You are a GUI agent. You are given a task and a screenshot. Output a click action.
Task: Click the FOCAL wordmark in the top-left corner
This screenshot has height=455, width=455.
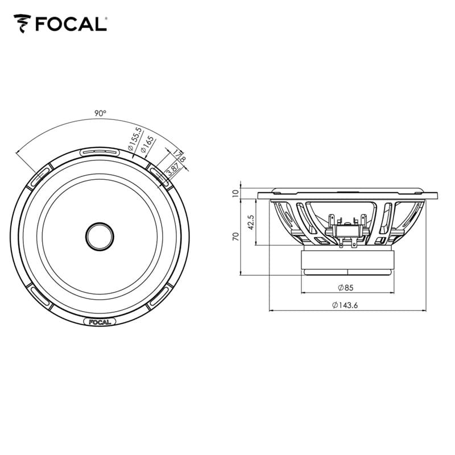click(x=70, y=24)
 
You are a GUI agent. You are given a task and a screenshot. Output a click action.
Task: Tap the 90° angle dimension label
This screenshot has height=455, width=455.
click(x=100, y=113)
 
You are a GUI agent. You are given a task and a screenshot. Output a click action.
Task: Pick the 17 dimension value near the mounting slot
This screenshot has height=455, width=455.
click(x=177, y=154)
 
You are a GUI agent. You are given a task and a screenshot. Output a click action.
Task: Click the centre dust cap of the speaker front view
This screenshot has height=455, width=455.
click(x=100, y=234)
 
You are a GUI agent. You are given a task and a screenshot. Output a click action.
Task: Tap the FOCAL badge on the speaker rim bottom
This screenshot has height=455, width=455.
click(x=100, y=321)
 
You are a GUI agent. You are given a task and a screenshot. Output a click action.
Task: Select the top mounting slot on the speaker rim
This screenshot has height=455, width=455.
click(x=100, y=152)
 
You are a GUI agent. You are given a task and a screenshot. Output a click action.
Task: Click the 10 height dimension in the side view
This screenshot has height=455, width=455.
click(x=235, y=193)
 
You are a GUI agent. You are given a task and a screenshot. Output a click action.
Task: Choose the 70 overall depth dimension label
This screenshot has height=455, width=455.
click(x=235, y=237)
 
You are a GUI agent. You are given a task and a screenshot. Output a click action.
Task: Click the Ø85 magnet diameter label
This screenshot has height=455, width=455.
click(x=346, y=287)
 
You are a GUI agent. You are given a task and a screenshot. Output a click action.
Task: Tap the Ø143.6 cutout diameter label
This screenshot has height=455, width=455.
click(x=348, y=305)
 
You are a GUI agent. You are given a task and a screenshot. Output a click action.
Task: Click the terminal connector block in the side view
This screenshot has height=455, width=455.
click(x=347, y=230)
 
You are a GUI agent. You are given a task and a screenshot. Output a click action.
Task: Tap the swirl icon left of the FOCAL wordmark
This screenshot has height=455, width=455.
click(x=23, y=24)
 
